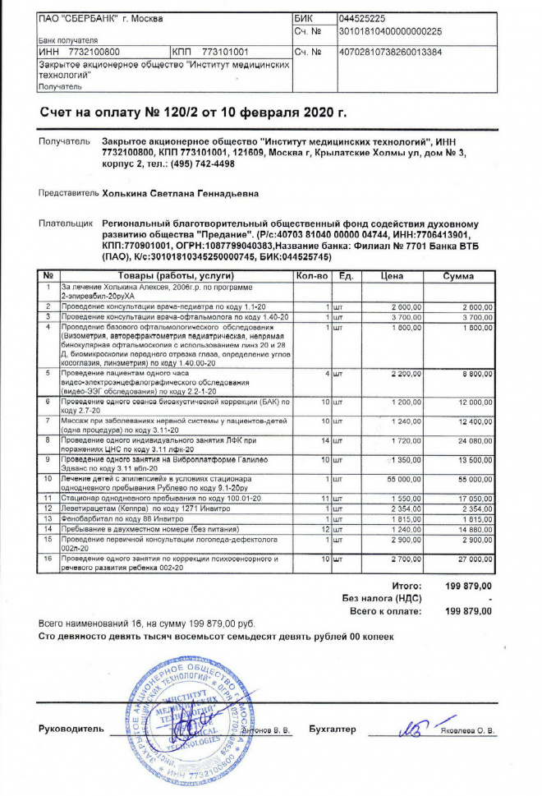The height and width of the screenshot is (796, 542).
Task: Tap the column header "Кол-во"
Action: click(x=312, y=276)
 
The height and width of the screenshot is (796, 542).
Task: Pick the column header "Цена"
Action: click(x=393, y=276)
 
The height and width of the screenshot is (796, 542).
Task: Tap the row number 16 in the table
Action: click(x=48, y=559)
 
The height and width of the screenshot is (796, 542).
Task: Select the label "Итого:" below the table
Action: click(x=406, y=586)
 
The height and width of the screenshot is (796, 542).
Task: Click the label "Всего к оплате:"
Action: click(x=385, y=611)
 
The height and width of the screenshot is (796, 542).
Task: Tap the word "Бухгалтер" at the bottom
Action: click(x=333, y=729)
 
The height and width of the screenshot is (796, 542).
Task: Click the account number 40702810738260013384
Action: click(x=390, y=51)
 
